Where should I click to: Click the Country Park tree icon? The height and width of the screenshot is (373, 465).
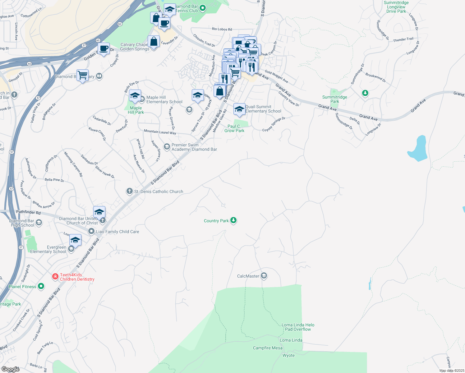tap(233, 220)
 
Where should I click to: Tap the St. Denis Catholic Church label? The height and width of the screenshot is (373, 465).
tap(159, 191)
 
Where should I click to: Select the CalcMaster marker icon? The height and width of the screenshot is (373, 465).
tap(264, 276)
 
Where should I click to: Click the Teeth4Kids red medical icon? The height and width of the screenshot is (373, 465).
tap(55, 276)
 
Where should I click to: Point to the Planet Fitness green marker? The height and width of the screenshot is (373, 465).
tap(41, 286)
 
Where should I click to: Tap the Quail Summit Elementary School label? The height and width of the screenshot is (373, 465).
tap(263, 109)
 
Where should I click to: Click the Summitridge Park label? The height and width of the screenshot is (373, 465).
tap(334, 99)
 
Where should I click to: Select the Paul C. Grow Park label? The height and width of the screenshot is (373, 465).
tap(234, 128)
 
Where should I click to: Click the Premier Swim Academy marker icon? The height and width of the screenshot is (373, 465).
tap(167, 146)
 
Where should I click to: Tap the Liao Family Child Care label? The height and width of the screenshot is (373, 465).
tap(117, 232)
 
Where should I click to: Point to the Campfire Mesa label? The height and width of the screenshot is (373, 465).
tap(268, 348)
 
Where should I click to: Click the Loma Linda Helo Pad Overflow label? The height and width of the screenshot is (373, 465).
tap(298, 327)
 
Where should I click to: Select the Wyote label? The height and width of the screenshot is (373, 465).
tap(288, 355)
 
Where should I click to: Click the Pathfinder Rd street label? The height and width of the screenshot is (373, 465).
tap(28, 212)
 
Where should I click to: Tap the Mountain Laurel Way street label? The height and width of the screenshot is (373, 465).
tap(160, 132)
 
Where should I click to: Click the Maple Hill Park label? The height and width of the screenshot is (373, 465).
tap(136, 110)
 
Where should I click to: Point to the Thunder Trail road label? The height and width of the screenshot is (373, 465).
tap(403, 39)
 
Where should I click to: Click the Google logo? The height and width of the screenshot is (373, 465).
tap(11, 369)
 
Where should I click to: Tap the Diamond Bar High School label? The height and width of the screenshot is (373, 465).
tap(22, 223)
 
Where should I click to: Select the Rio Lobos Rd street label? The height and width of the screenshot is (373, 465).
tap(222, 29)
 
